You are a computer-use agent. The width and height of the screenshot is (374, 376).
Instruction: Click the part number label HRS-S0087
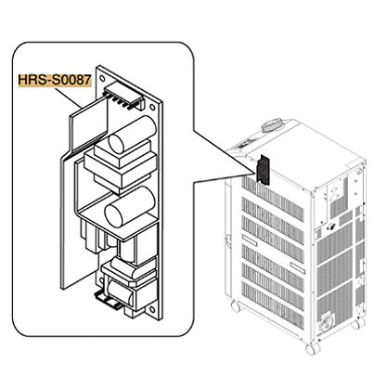(54, 80)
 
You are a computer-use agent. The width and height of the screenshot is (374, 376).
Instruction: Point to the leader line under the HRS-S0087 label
(69, 98)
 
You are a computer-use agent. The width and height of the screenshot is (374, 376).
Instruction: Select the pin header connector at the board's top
(124, 96)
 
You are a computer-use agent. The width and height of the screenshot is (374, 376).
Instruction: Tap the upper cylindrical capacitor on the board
(132, 135)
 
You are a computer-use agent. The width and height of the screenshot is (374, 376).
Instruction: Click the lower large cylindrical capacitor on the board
(130, 205)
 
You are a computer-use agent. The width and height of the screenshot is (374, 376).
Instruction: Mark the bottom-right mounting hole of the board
(152, 309)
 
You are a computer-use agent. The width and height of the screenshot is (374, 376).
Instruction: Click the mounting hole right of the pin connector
(152, 107)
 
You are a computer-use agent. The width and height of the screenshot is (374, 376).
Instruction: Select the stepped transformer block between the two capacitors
(121, 167)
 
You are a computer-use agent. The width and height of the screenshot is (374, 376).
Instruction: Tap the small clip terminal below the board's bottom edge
(108, 299)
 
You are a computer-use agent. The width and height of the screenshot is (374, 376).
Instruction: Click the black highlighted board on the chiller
(263, 169)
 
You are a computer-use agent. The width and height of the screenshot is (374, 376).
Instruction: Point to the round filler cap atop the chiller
(272, 126)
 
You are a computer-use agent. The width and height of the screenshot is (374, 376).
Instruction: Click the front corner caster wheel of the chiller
(312, 349)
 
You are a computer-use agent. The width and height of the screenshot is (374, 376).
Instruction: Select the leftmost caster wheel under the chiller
(236, 306)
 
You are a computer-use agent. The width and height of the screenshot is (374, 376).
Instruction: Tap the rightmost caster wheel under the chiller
(357, 323)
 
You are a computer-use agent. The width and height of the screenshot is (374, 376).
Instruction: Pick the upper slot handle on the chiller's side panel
(250, 240)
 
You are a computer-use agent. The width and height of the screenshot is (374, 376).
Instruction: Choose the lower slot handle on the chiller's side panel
(298, 266)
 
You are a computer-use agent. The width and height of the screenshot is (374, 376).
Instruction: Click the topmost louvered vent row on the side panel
(273, 195)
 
